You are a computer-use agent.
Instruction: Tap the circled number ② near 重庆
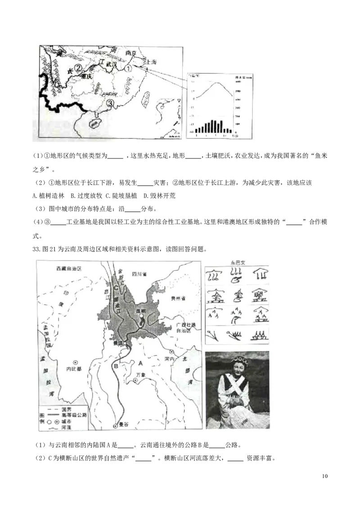pos(78,68)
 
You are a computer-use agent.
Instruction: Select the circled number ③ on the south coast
pos(111,104)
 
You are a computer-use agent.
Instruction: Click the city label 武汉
pos(111,65)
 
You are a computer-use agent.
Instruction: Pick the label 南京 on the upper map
pos(131,53)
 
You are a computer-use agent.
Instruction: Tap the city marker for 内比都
pos(76,362)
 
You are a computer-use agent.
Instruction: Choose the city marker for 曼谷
pos(116,425)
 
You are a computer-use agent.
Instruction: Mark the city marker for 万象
pos(135,381)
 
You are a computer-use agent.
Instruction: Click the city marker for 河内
pos(171,352)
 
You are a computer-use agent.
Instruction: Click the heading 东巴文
pos(237,262)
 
